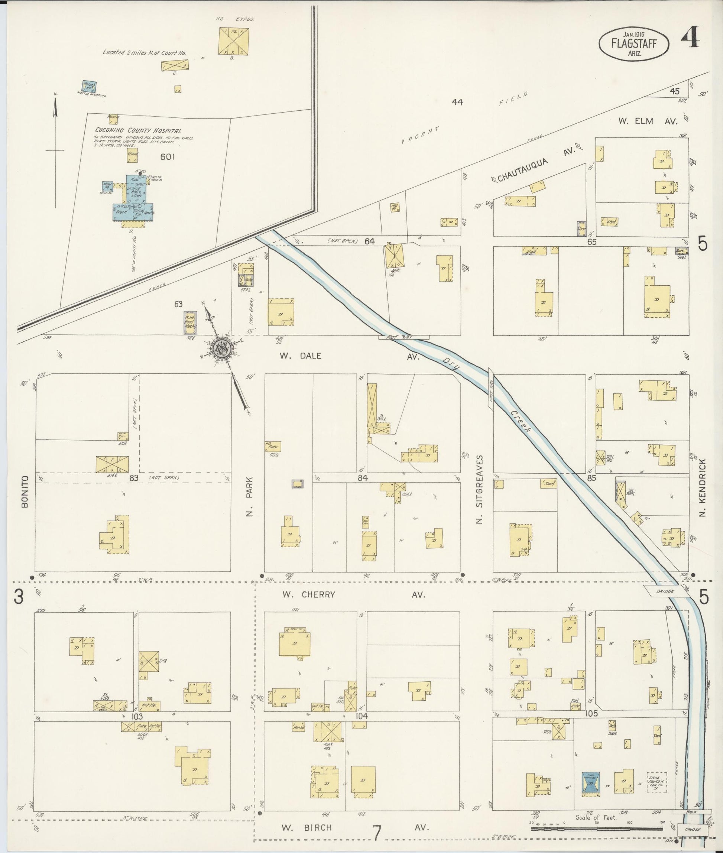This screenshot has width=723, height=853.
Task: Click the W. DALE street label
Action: (300, 356)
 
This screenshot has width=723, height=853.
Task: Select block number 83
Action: (134, 478)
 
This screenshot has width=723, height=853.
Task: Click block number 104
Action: (362, 716)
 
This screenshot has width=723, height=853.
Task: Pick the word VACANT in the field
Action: (420, 135)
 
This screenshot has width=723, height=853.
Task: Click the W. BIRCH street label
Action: (306, 828)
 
